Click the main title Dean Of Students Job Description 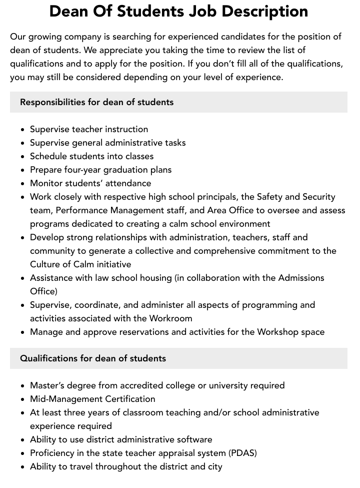178,12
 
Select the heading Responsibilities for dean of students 96,102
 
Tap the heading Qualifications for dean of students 93,358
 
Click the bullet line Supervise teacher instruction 89,129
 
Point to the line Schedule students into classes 91,156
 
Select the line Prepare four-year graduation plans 100,170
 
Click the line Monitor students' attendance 90,183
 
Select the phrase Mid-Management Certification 92,399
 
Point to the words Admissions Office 300,278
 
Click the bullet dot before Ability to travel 23,467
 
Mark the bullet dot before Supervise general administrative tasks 23,143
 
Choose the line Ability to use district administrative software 121,439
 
